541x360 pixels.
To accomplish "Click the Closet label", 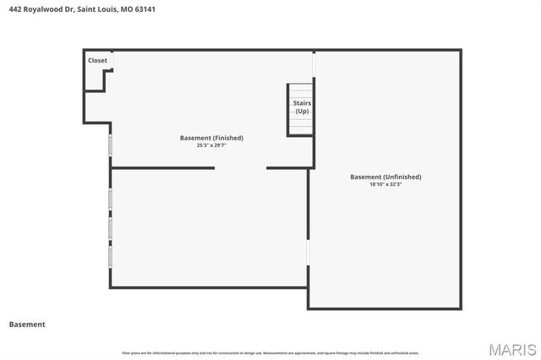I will [97, 60].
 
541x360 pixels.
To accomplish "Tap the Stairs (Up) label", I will [302, 107].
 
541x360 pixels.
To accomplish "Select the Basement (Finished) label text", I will [211, 138].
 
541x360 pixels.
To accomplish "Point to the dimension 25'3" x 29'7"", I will [211, 145].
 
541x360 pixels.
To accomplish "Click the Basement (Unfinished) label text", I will [385, 177].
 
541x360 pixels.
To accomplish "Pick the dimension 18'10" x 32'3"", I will [385, 184].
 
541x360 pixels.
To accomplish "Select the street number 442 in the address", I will [14, 9].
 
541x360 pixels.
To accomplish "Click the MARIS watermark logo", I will [512, 349].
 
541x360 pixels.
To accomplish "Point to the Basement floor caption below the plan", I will [27, 325].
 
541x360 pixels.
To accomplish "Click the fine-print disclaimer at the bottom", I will [270, 352].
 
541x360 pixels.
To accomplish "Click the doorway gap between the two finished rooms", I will [240, 168].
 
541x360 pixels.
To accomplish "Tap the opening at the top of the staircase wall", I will [314, 66].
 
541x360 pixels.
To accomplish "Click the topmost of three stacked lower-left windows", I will [110, 199].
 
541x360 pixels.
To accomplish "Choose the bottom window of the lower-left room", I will [110, 256].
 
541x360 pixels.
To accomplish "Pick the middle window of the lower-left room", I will [110, 228].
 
